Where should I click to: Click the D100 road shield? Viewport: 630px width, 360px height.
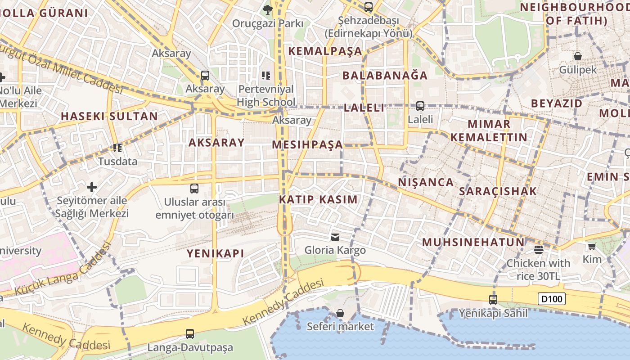coord(551,298)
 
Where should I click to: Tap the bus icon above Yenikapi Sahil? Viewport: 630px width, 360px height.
coord(493,299)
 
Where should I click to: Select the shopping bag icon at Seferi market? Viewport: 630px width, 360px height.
coord(340,313)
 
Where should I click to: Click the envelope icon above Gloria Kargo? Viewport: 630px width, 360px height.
coord(335,237)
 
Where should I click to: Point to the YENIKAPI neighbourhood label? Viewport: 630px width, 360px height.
coord(216,253)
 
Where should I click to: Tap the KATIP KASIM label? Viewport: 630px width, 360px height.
coord(319,199)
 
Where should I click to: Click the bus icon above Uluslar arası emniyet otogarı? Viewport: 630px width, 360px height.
coord(194,189)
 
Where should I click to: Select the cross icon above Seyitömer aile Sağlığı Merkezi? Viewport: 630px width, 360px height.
coord(92,187)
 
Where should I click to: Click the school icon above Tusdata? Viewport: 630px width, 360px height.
coord(118,148)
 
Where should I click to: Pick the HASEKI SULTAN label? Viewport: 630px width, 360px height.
coord(109,116)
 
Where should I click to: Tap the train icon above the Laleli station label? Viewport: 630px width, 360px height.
coord(420,106)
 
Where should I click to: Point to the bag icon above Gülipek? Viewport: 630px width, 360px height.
coord(578,56)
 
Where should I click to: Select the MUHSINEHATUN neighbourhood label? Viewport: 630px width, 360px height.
coord(473,242)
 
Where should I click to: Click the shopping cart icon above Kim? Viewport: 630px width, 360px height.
coord(592,246)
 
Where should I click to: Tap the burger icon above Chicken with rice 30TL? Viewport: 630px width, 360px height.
coord(539,249)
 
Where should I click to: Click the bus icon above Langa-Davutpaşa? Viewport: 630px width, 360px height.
coord(190,334)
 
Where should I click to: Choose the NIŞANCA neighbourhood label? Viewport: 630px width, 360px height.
coord(426,182)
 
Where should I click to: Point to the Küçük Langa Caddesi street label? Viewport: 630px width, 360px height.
coord(63,270)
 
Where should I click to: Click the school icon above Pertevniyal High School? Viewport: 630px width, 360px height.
coord(266,75)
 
